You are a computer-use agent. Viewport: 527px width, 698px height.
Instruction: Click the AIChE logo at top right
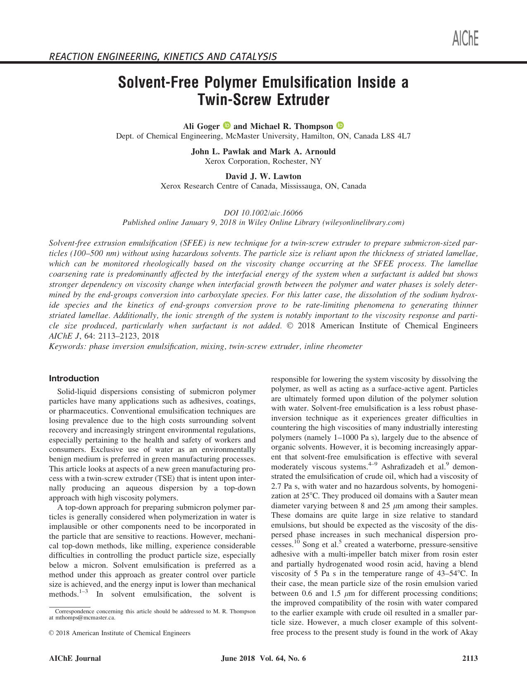465,38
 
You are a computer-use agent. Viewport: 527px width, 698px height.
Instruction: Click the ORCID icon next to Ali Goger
227,125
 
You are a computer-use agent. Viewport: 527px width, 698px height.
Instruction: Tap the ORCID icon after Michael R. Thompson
340,125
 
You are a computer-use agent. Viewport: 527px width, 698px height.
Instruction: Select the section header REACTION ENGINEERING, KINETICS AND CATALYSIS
163,56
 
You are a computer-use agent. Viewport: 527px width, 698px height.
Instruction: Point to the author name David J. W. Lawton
263,176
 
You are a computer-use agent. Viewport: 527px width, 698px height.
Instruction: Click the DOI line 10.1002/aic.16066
263,213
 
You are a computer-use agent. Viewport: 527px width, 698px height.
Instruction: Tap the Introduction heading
74,378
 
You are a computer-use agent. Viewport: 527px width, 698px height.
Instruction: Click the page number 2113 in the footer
470,658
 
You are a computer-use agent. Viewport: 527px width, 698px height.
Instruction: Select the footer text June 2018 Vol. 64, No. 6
263,658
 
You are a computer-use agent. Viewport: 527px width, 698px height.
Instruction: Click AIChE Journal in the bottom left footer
75,658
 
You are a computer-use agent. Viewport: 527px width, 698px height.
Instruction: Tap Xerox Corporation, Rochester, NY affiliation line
263,161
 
